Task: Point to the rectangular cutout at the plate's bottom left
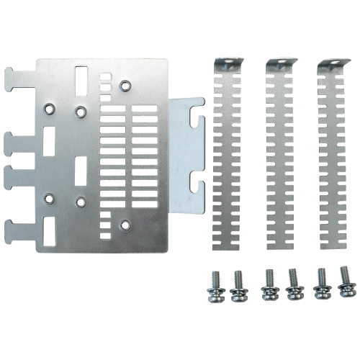coord(49,230)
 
